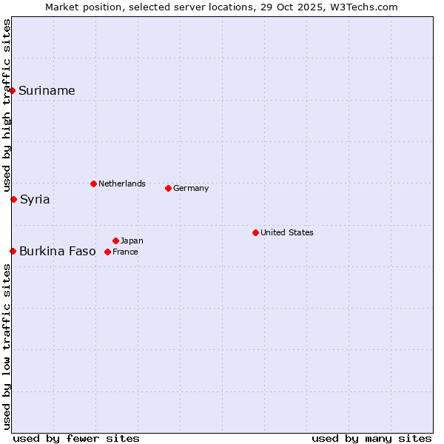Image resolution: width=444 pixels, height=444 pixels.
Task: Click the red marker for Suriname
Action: (13, 90)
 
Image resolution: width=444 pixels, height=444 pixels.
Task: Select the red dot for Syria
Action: (13, 199)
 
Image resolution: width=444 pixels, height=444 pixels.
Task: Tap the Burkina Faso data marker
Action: (13, 251)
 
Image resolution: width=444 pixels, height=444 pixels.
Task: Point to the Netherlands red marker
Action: (93, 184)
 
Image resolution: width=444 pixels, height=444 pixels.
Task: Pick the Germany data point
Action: (168, 188)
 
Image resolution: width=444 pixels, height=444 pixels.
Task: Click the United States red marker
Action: (255, 232)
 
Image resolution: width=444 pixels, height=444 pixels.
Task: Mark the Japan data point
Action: (115, 240)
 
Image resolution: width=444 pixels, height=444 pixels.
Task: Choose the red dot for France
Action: (107, 252)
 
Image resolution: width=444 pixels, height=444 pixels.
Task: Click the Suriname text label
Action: (47, 91)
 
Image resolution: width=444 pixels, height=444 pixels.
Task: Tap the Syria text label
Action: (35, 200)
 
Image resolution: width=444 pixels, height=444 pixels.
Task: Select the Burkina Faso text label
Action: (57, 252)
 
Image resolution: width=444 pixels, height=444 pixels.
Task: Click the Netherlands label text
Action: (121, 184)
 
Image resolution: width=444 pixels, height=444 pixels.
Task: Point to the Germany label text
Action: (191, 188)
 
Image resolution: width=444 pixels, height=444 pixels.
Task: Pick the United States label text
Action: (286, 232)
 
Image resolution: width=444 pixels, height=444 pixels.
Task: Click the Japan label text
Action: (132, 240)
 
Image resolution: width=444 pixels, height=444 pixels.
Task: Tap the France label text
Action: (125, 252)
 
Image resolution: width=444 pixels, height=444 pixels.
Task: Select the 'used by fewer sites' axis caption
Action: (76, 438)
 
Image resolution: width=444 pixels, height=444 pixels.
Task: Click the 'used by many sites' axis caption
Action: (371, 438)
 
